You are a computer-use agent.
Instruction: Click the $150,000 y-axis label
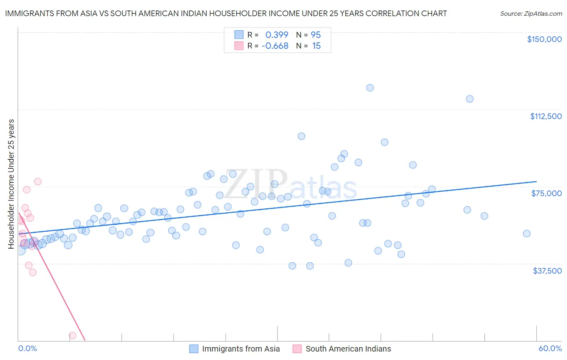(x=544, y=39)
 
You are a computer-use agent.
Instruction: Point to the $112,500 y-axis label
(x=546, y=116)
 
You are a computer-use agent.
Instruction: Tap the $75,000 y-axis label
(x=546, y=193)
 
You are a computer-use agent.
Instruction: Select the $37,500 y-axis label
(x=547, y=270)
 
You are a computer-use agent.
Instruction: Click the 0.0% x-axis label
(x=27, y=348)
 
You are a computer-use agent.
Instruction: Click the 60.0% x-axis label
(x=550, y=348)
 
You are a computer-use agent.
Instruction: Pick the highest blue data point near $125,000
(x=370, y=88)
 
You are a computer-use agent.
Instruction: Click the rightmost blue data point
(x=527, y=233)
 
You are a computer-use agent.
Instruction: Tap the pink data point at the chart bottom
(x=73, y=335)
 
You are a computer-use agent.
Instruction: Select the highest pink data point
(x=38, y=181)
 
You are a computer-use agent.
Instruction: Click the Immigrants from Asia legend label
(x=241, y=349)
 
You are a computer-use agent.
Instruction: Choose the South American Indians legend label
(x=348, y=349)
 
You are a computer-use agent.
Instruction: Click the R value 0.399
(x=277, y=35)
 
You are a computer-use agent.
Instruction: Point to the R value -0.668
(x=275, y=46)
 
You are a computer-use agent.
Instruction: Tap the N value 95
(x=316, y=35)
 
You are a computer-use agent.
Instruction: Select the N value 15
(x=316, y=46)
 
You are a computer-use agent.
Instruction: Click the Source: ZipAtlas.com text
(x=531, y=13)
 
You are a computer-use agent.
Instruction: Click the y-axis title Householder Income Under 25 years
(x=11, y=184)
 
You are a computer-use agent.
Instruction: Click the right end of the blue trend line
(x=536, y=182)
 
